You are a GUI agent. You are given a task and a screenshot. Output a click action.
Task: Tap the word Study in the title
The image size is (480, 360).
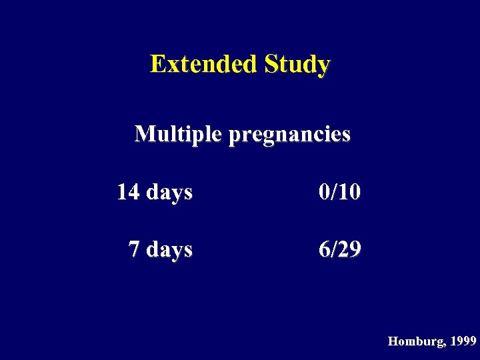(x=297, y=65)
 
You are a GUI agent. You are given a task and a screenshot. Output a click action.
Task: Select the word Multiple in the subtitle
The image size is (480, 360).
(x=178, y=135)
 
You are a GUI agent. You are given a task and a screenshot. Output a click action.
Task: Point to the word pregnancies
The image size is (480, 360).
(x=289, y=136)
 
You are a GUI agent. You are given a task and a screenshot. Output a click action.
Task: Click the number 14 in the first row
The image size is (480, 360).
(x=128, y=192)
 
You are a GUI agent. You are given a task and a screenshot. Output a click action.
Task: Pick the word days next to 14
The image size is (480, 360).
(x=169, y=193)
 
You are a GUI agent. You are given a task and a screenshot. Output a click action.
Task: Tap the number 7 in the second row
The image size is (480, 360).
(x=134, y=249)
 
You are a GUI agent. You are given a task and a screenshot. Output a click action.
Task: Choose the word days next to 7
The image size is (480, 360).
(x=169, y=250)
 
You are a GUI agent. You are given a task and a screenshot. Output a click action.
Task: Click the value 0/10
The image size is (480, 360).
(x=340, y=192)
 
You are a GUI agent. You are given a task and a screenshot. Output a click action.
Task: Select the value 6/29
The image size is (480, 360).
(x=340, y=249)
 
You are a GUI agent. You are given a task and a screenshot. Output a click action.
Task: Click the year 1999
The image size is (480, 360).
(x=463, y=341)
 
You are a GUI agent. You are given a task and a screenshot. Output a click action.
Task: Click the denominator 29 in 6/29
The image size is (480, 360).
(x=350, y=249)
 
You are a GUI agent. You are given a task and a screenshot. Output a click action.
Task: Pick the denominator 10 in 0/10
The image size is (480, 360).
(x=350, y=192)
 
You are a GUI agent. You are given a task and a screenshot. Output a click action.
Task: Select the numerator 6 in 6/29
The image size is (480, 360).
(x=325, y=249)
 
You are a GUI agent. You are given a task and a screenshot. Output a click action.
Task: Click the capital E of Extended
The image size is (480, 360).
(x=157, y=65)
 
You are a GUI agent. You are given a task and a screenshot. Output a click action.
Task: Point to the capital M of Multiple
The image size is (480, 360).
(x=144, y=135)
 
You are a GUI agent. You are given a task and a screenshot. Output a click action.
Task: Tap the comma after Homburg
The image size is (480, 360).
(x=446, y=345)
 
